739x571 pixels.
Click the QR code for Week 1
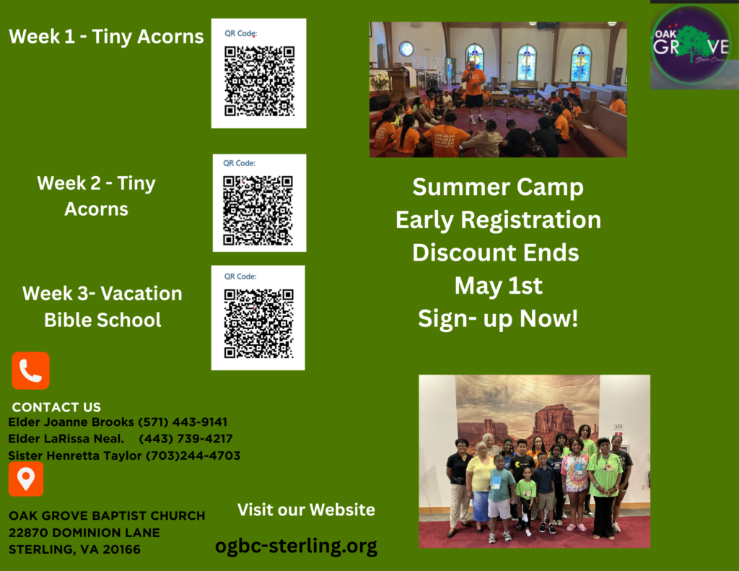point(259,81)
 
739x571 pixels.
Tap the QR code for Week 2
point(258,210)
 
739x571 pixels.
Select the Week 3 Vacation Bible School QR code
point(259,323)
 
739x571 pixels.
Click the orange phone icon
point(30,370)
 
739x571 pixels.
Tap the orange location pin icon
point(26,479)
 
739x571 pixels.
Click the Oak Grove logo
point(691,45)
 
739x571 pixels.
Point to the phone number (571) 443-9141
point(183,422)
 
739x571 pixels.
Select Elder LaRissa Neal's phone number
point(185,439)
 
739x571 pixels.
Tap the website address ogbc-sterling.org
point(296,546)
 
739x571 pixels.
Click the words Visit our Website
point(306,510)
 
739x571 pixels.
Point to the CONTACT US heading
point(56,407)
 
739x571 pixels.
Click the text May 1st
point(498,286)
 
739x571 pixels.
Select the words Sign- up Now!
point(498,319)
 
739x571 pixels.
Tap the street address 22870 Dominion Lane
point(84,533)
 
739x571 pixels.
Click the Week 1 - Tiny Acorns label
point(106,37)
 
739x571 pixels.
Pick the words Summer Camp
point(498,188)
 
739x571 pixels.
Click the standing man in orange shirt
point(473,92)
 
